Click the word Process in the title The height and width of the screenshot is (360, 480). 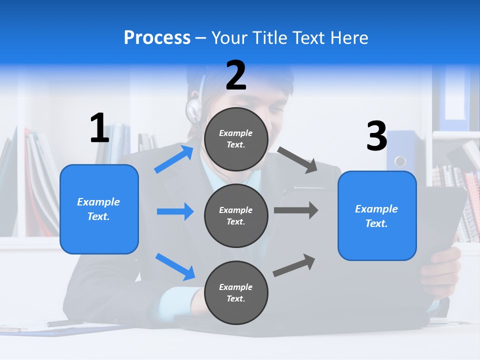(157, 37)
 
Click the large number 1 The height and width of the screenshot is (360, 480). (99, 128)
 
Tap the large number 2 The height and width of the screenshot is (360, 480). (236, 75)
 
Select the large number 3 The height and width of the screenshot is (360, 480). (376, 136)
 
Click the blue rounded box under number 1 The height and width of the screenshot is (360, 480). (99, 209)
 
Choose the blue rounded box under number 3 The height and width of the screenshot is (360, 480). (377, 216)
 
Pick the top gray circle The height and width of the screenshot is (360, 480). (236, 139)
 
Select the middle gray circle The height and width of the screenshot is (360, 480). (236, 216)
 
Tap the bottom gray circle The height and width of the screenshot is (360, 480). (236, 292)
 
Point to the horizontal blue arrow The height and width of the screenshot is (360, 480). (175, 211)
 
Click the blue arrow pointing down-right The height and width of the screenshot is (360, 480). (175, 266)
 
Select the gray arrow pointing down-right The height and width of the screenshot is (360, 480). (298, 160)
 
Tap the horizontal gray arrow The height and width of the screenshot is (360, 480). (296, 210)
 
